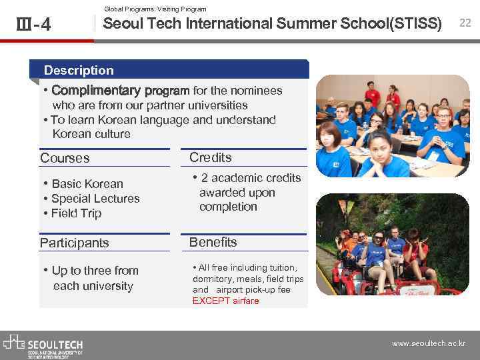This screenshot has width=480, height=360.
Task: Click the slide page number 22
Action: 465,23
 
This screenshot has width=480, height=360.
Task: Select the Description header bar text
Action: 79,70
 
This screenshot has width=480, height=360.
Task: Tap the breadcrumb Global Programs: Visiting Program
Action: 155,9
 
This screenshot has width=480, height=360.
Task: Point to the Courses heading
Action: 65,158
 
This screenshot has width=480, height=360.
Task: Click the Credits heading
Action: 211,157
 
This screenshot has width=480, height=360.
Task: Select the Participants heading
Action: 74,243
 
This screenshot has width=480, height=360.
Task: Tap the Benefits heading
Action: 213,242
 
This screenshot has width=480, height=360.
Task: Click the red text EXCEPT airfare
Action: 225,301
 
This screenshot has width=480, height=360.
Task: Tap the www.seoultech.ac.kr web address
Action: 428,344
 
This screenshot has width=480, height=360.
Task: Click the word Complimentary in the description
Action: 96,91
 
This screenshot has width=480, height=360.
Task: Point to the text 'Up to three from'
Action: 95,271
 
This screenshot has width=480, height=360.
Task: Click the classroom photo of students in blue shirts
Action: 393,126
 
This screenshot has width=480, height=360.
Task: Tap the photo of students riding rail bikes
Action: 393,245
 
